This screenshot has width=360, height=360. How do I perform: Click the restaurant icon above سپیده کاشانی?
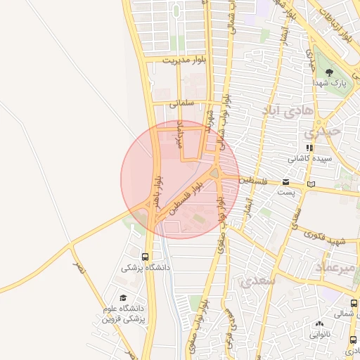tap(309, 148)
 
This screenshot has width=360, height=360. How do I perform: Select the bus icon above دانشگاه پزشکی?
tap(145, 257)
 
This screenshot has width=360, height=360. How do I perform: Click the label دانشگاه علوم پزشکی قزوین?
tap(124, 314)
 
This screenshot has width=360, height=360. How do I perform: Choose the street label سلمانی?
tap(181, 103)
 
